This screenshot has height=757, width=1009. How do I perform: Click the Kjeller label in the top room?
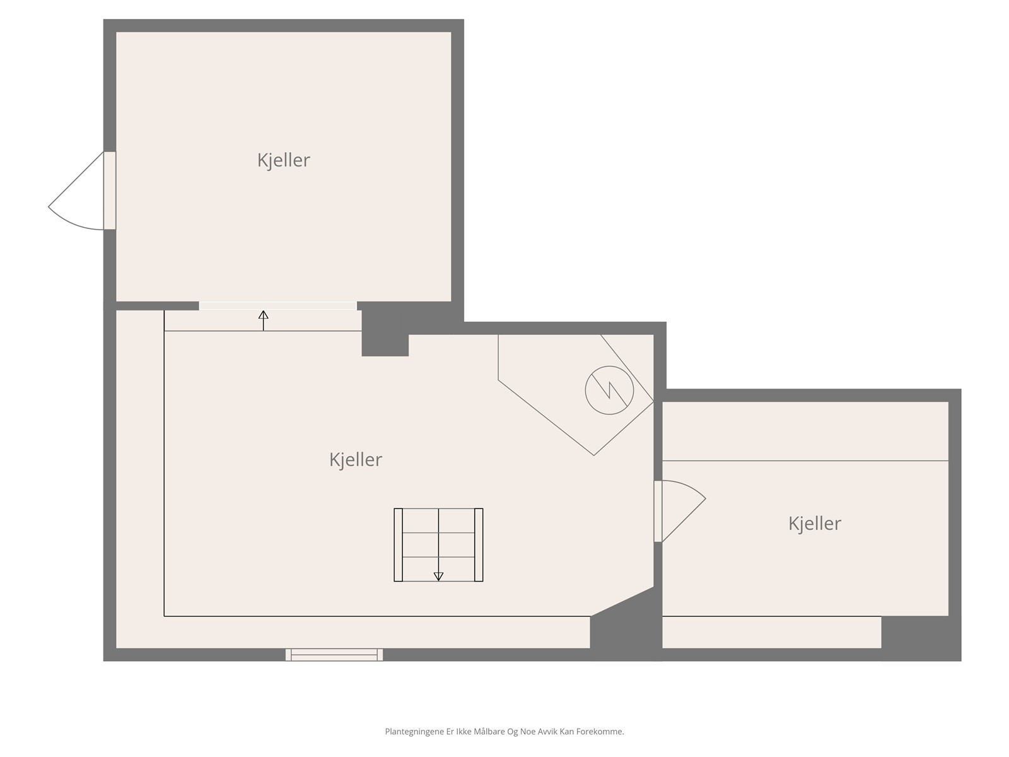283,160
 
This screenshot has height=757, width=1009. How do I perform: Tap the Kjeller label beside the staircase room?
356,459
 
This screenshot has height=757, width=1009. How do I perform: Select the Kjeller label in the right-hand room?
814,523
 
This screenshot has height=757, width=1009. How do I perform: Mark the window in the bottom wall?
334,654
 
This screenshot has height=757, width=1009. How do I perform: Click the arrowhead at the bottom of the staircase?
438,576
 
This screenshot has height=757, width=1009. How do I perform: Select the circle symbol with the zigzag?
609,390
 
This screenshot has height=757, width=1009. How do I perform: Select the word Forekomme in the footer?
600,732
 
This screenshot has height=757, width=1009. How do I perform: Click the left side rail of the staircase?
398,544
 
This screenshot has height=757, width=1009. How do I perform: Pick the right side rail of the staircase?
479,544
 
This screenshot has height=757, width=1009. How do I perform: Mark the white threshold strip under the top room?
277,306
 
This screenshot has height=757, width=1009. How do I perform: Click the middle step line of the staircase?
438,533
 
